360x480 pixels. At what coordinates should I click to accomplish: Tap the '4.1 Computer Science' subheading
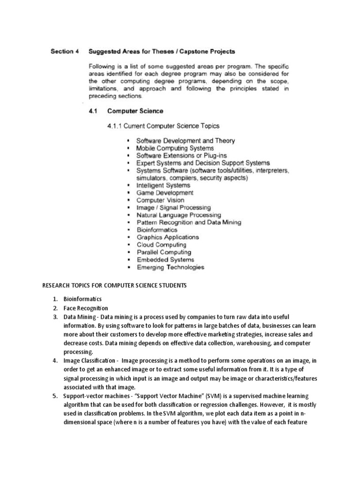[127, 111]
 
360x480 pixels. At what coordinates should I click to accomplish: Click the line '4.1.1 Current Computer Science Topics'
[163, 126]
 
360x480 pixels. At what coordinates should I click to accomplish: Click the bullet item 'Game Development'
[165, 193]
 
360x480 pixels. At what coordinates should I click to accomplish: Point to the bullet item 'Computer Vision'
[160, 200]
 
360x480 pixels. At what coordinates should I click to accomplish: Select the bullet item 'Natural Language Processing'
[179, 215]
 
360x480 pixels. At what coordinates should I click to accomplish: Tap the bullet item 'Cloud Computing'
[161, 245]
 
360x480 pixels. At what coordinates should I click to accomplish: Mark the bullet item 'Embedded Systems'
[165, 260]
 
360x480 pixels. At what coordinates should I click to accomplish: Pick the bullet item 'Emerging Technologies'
[170, 267]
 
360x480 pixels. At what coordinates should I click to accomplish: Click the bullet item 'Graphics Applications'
[167, 237]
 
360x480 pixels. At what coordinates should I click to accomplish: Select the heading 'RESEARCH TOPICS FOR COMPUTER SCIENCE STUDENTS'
[114, 285]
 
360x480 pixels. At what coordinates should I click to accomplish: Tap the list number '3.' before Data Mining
[55, 317]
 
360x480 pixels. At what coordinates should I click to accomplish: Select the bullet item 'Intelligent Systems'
[163, 185]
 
